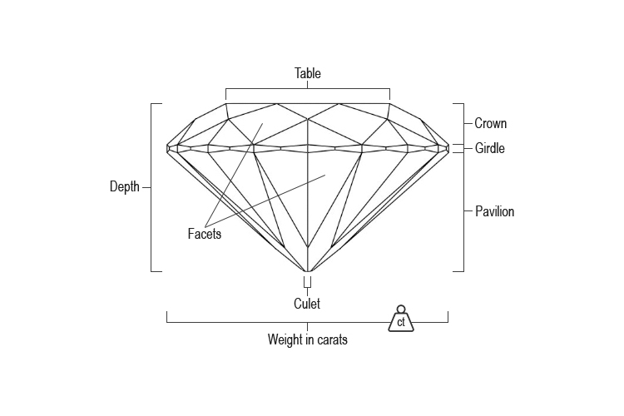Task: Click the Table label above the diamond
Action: click(x=307, y=73)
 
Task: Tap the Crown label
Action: click(x=490, y=124)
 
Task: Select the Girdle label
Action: click(x=490, y=149)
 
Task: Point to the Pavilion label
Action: click(x=494, y=211)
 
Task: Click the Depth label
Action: click(x=125, y=187)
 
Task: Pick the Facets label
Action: click(x=204, y=234)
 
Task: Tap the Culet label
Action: click(x=307, y=304)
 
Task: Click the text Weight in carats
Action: click(x=307, y=339)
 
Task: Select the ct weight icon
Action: click(x=401, y=319)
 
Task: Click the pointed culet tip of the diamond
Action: click(x=308, y=271)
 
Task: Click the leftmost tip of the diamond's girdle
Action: click(x=168, y=148)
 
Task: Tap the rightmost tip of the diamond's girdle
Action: click(x=448, y=148)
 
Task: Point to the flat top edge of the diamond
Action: click(x=307, y=103)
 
